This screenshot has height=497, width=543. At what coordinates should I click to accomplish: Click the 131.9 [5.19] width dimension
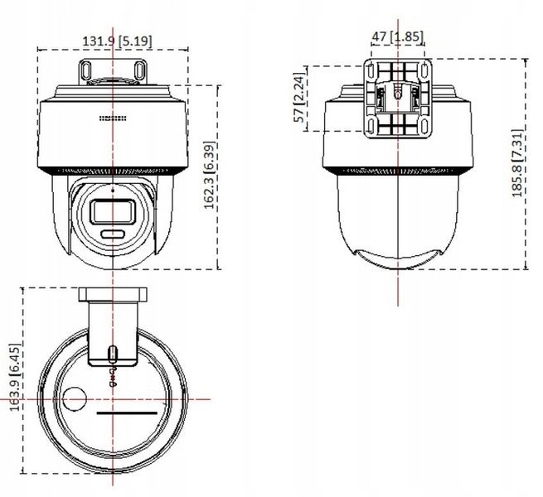(x=117, y=41)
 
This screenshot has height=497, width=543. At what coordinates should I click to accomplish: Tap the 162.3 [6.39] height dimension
(x=210, y=175)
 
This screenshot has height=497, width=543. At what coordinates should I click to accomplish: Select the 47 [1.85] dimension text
(x=398, y=36)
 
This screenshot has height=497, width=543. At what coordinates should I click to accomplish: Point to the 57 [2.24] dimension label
(x=299, y=97)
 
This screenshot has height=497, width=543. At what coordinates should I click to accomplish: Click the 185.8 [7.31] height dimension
(x=517, y=163)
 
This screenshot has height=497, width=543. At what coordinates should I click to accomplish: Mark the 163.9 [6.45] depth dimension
(x=16, y=377)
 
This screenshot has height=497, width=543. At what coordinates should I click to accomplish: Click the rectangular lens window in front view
(x=113, y=212)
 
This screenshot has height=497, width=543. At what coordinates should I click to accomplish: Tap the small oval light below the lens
(x=113, y=234)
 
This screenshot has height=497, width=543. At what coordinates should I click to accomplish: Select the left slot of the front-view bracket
(x=85, y=70)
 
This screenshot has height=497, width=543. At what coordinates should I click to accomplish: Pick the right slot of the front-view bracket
(x=139, y=70)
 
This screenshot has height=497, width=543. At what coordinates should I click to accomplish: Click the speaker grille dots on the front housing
(x=113, y=118)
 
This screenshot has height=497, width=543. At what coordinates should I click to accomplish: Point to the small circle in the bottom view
(x=74, y=398)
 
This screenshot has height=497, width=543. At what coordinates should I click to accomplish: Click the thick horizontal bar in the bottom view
(x=127, y=413)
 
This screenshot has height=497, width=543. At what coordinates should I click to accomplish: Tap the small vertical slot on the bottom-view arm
(x=112, y=354)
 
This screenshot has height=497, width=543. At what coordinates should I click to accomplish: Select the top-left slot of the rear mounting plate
(x=371, y=70)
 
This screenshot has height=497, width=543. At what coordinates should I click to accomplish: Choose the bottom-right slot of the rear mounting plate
(x=424, y=126)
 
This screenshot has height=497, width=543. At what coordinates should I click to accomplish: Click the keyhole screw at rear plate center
(x=398, y=92)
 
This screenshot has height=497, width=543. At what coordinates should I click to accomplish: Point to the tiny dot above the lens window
(x=113, y=190)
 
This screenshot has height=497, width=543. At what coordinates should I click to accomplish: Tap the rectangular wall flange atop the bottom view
(x=113, y=294)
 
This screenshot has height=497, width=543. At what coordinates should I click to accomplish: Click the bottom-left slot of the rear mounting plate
(x=371, y=126)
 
